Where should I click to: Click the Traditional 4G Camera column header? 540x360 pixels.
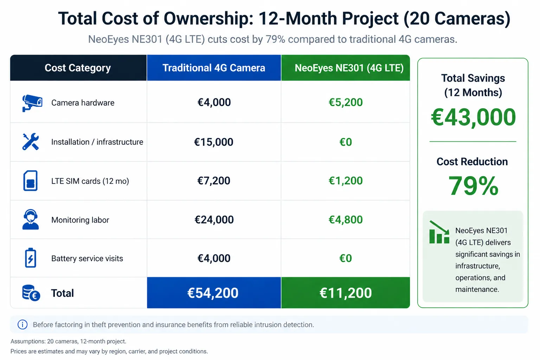pyautogui.click(x=214, y=68)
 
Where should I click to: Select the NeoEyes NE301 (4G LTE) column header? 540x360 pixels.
pyautogui.click(x=349, y=68)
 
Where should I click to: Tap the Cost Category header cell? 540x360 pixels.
pyautogui.click(x=78, y=68)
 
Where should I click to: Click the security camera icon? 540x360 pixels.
pyautogui.click(x=32, y=103)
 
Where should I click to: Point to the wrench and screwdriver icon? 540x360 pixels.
pyautogui.click(x=31, y=142)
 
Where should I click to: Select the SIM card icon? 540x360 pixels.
pyautogui.click(x=31, y=181)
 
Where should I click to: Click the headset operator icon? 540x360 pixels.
pyautogui.click(x=31, y=220)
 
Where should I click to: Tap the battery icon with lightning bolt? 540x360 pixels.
pyautogui.click(x=31, y=258)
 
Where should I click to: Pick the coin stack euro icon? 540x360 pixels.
pyautogui.click(x=31, y=293)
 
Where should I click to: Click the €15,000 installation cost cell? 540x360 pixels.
pyautogui.click(x=214, y=142)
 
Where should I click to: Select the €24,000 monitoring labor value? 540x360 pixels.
pyautogui.click(x=214, y=220)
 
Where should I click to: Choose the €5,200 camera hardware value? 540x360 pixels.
pyautogui.click(x=346, y=102)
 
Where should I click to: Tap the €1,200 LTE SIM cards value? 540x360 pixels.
pyautogui.click(x=346, y=181)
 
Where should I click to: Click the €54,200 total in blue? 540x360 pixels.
pyautogui.click(x=213, y=293)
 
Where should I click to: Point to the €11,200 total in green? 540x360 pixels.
pyautogui.click(x=346, y=293)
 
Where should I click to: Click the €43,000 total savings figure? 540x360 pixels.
pyautogui.click(x=473, y=117)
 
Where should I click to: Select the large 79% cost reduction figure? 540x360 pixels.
pyautogui.click(x=473, y=186)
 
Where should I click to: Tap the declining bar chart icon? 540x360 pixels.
pyautogui.click(x=439, y=232)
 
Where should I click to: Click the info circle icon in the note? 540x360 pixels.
pyautogui.click(x=22, y=324)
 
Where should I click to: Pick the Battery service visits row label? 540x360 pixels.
pyautogui.click(x=87, y=258)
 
